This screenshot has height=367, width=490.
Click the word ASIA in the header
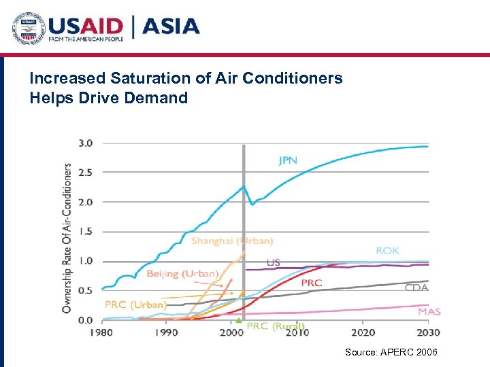click(171, 27)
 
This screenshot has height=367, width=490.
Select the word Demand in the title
click(156, 98)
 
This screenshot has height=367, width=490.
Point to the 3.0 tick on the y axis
click(86, 143)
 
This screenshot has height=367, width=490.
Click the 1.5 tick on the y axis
click(86, 232)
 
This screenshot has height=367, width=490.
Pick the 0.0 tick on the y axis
click(86, 320)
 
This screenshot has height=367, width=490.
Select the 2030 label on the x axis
click(428, 332)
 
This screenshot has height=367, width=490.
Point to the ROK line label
click(387, 251)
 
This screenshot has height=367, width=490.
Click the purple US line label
click(273, 262)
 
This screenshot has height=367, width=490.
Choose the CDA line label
click(416, 287)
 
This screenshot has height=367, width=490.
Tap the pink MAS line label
click(429, 312)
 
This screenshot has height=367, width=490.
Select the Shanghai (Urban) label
click(232, 241)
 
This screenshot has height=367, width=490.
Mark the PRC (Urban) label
click(135, 304)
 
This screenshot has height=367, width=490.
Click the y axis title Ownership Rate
click(67, 237)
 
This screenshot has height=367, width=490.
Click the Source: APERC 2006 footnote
click(391, 351)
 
